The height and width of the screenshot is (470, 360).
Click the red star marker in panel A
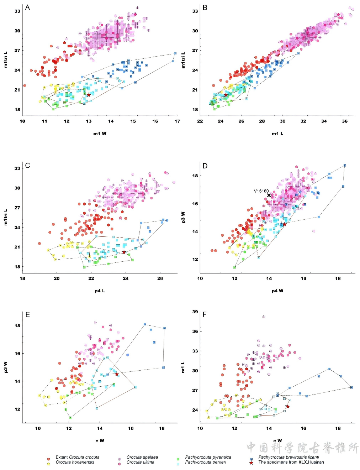(89, 95)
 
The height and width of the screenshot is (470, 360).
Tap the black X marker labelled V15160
(269, 195)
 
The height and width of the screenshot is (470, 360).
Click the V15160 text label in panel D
(261, 191)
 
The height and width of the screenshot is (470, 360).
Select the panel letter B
(205, 8)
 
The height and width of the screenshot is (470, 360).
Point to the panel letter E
(27, 315)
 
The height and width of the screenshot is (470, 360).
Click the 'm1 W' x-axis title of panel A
(100, 134)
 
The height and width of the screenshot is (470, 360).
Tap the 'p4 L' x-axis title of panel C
(100, 291)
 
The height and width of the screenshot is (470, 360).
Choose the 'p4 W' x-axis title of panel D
(277, 291)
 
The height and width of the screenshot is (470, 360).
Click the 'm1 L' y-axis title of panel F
(183, 367)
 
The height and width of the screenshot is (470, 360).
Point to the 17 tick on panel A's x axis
(177, 121)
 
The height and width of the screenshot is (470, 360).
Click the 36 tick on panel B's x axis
(345, 121)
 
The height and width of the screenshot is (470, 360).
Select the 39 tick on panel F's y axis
(195, 312)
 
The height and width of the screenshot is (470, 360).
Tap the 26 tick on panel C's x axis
(160, 278)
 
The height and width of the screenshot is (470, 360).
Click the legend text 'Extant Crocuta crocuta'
(78, 457)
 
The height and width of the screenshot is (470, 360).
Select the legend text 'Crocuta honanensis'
(75, 462)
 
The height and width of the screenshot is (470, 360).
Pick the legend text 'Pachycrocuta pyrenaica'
(208, 457)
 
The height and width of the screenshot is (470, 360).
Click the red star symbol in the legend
(252, 463)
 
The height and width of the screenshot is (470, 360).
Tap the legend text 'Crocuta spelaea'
(142, 457)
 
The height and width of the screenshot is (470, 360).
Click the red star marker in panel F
(287, 407)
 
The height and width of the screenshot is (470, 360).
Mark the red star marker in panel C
(124, 252)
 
